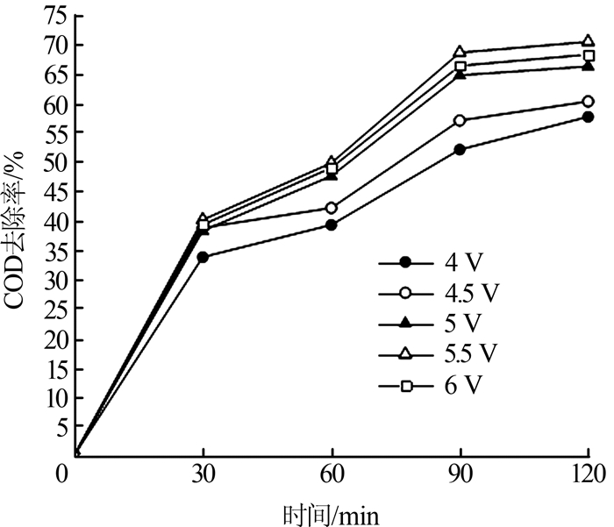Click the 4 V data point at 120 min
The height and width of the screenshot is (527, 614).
(x=587, y=117)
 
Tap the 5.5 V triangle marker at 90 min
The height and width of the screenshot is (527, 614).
(x=460, y=52)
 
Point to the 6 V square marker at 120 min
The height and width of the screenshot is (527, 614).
(x=587, y=55)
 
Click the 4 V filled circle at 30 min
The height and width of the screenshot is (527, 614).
(x=203, y=257)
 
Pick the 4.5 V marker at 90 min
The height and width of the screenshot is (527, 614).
(x=460, y=120)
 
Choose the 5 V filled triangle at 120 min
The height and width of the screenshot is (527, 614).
(x=587, y=66)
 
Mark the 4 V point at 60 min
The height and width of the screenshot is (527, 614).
(x=332, y=224)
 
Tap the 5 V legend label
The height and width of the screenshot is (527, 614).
(x=447, y=323)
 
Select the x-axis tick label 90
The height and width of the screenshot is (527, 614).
(x=460, y=475)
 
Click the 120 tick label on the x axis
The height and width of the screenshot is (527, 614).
(x=586, y=475)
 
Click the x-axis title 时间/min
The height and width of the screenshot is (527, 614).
(x=332, y=511)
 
